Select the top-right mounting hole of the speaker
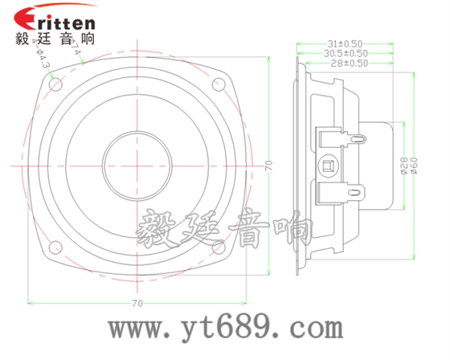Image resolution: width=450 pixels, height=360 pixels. point(218,81)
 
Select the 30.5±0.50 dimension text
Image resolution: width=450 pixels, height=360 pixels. point(346,53)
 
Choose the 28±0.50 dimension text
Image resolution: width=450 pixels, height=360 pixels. point(350,63)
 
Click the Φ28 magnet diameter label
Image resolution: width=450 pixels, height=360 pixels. point(404,166)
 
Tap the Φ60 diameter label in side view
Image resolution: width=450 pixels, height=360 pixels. point(415,166)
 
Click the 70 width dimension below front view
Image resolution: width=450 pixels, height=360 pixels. point(137,303)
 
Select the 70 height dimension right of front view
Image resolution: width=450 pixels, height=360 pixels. point(270,166)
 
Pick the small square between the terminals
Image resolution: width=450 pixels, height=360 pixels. point(328,166)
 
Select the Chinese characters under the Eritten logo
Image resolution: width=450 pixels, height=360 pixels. point(55,38)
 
